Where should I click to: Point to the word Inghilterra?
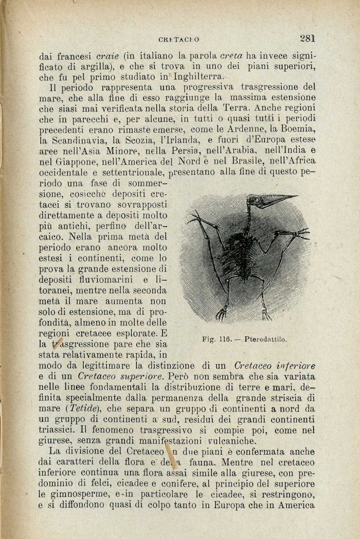(x=195, y=77)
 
